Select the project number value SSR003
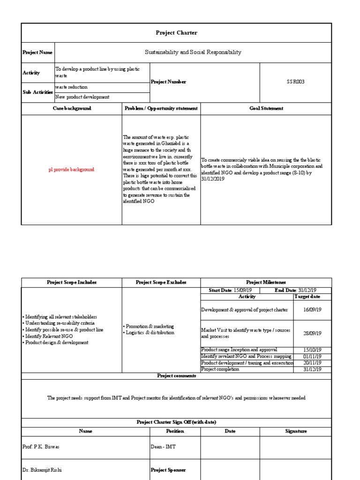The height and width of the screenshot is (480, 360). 295,82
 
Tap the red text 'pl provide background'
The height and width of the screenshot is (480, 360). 71,170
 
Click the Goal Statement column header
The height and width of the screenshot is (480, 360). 266,108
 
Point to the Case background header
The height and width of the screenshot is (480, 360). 71,108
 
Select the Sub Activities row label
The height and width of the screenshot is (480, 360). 38,92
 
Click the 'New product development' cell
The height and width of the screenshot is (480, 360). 82,97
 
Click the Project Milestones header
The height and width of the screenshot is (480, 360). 266,282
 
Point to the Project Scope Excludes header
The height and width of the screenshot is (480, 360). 161,282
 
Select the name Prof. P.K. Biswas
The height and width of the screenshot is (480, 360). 41,447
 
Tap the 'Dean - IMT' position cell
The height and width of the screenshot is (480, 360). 163,447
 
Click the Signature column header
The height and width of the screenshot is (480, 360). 295,431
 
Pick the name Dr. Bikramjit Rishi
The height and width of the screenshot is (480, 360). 42,470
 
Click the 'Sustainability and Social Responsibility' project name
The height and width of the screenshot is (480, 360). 193,52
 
